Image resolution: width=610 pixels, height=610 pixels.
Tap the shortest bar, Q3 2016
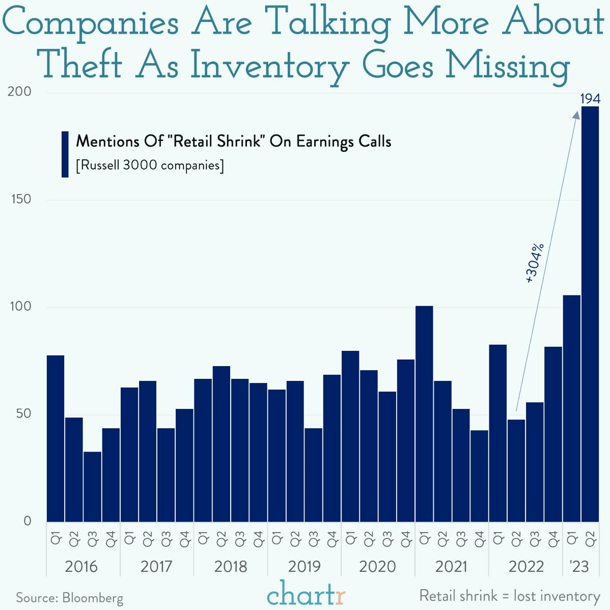[92, 486]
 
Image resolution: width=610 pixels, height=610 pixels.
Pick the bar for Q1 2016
[56, 438]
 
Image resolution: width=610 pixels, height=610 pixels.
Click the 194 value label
[590, 99]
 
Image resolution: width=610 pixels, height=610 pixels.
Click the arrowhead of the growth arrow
[576, 116]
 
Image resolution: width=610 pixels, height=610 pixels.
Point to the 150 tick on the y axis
[21, 199]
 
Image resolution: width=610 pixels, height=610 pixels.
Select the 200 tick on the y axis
[20, 92]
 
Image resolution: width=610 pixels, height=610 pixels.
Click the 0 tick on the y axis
[27, 521]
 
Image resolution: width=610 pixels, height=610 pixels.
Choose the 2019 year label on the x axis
[304, 566]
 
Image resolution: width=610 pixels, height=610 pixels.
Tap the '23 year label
[580, 566]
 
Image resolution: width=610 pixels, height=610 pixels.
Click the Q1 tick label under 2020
[351, 539]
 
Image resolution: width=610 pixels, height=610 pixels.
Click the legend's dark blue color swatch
[65, 154]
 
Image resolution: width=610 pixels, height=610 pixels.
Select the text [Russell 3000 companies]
[150, 165]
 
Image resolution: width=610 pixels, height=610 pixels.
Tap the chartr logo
[306, 594]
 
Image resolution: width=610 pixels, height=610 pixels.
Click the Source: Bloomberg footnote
[70, 598]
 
